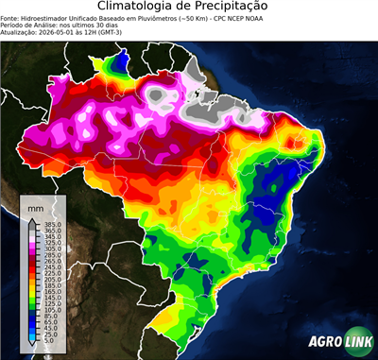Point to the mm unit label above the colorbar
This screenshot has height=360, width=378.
(36, 207)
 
